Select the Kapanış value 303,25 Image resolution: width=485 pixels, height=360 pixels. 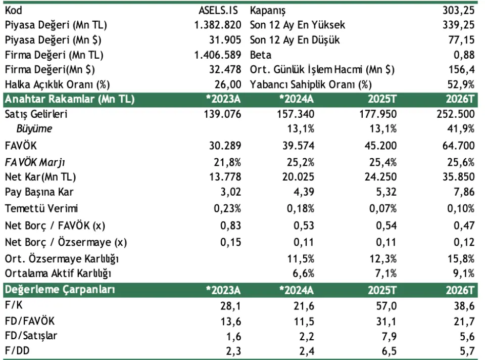click(458, 10)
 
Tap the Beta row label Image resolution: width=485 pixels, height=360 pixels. click(261, 55)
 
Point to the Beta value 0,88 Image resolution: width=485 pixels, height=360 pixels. click(464, 55)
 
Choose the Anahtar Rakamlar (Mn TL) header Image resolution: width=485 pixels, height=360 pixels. click(69, 99)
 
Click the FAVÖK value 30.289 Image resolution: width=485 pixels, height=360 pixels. click(224, 146)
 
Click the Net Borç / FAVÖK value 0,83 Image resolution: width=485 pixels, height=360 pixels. click(230, 225)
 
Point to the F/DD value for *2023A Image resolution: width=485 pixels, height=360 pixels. click(233, 350)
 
